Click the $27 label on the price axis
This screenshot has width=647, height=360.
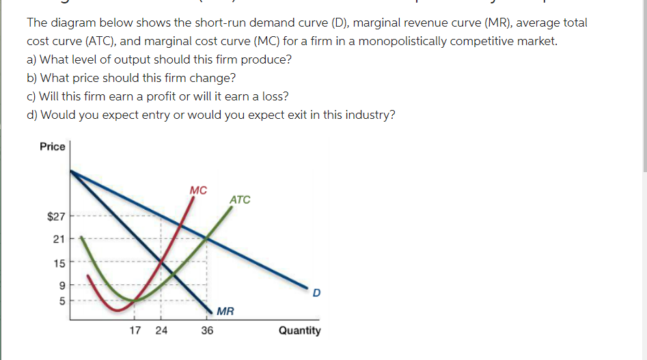55,217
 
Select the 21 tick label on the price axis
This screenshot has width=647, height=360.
59,239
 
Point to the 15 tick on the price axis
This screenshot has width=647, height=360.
59,262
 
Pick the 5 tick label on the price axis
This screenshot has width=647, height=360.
61,300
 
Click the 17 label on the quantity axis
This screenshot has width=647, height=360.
135,331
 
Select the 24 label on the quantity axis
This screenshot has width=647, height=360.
161,331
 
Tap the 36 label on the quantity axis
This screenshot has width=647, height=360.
207,331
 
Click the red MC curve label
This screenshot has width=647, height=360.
198,190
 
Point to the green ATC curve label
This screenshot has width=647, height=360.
240,199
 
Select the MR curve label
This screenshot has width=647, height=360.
225,312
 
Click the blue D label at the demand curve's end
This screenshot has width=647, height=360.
316,294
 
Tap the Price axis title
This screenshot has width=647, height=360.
53,146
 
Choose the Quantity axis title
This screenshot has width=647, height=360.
299,331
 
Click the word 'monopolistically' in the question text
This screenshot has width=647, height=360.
399,41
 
